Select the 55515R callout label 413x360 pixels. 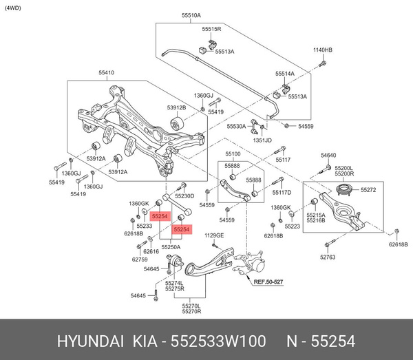[211, 30]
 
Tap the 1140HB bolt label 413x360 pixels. [323, 50]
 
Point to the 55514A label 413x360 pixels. [285, 73]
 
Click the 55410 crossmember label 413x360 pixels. [107, 72]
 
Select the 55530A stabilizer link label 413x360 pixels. [236, 127]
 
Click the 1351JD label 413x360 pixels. [262, 140]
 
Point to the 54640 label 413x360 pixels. [328, 157]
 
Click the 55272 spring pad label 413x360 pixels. [370, 189]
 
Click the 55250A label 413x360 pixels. [171, 246]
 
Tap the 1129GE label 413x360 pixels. [214, 236]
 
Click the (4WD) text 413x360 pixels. [13, 8]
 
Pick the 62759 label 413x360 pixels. [140, 260]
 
